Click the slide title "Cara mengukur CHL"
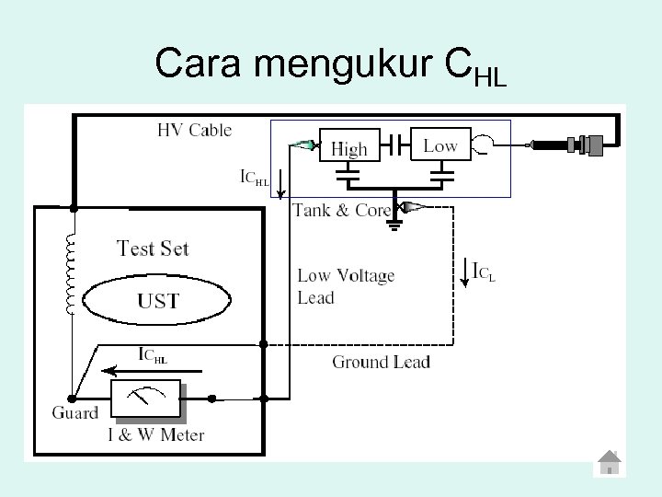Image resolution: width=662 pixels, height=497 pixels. point(330,65)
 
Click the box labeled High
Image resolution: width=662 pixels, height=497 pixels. point(348,146)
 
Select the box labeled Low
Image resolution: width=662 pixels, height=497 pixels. point(439,144)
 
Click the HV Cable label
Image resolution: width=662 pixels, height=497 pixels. point(195,130)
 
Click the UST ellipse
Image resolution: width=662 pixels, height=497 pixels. point(157,300)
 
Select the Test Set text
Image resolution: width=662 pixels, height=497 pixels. point(154,248)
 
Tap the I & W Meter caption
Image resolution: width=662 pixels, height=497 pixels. point(156,434)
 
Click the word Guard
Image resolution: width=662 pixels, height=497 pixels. point(74,412)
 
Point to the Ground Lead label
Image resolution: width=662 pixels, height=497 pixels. point(381,362)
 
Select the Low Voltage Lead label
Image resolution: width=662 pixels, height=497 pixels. point(346,285)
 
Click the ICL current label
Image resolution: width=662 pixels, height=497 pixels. point(485,272)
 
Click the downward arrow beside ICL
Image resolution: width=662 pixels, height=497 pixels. point(464,273)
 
